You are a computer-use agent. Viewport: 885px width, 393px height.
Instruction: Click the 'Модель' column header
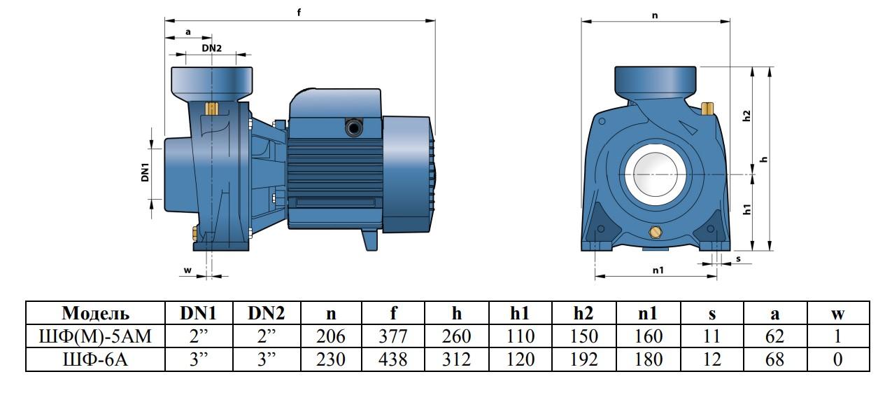95,313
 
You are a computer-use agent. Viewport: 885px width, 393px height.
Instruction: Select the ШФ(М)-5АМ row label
95,336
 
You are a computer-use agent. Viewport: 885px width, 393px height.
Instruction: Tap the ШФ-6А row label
95,359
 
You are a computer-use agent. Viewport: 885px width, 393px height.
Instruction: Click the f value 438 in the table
392,359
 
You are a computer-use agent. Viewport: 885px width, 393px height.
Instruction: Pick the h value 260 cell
456,336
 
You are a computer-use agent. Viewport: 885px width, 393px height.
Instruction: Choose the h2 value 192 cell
583,359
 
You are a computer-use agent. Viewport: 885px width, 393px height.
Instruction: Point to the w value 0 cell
837,359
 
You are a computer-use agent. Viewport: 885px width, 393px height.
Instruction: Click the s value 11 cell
711,336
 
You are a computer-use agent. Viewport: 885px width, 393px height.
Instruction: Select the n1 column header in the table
648,313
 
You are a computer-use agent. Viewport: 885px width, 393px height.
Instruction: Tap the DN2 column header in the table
267,313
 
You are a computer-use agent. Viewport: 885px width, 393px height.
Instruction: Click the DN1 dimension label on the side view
146,172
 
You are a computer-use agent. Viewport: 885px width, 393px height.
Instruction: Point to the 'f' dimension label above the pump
299,13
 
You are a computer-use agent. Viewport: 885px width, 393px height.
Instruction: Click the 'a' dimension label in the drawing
188,32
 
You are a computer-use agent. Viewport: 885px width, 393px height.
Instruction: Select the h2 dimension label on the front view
746,116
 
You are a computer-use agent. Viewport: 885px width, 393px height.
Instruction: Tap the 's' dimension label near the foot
738,259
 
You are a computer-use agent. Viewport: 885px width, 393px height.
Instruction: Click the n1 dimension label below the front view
658,270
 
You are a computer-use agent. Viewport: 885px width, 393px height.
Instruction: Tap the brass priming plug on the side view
212,109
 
